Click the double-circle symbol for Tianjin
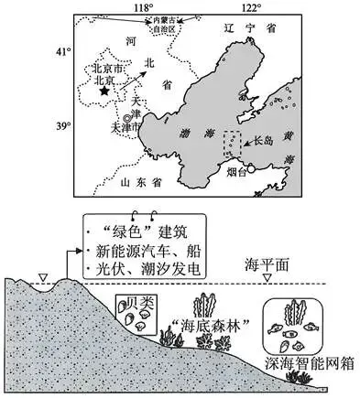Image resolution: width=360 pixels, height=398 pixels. tap(128, 117)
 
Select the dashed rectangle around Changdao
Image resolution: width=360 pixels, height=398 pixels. tap(234, 146)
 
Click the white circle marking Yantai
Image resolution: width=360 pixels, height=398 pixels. tap(250, 167)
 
